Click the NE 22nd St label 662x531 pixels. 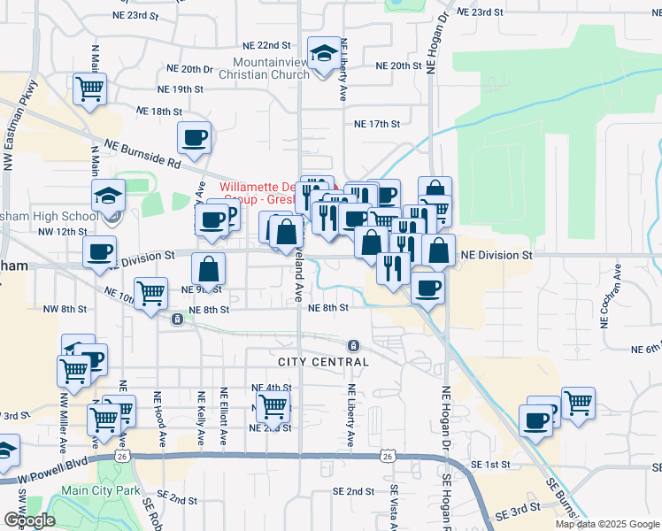tap(266, 45)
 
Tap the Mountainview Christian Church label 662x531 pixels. tap(271, 68)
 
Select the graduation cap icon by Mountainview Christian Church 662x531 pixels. tap(324, 52)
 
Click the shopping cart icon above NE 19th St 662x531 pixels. tap(89, 88)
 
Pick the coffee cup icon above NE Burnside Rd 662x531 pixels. tap(194, 137)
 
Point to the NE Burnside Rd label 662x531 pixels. tap(142, 153)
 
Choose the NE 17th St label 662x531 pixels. tap(378, 125)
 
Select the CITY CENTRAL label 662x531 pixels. tap(323, 362)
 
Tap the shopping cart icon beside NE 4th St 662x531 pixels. tap(273, 407)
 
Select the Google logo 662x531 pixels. tap(29, 520)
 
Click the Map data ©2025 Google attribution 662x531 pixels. tap(607, 524)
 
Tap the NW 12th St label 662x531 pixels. tap(59, 232)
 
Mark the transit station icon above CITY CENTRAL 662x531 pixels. tap(353, 345)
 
